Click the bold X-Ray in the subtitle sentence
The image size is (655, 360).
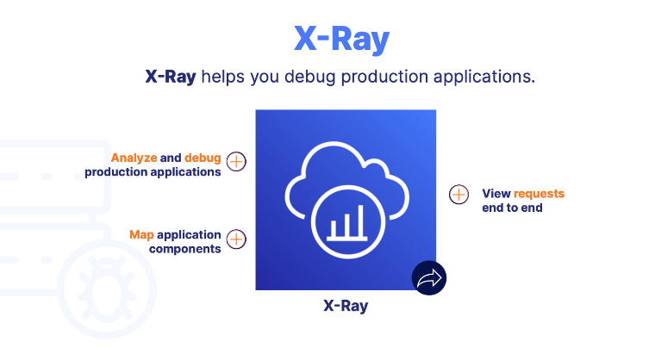pyautogui.click(x=171, y=77)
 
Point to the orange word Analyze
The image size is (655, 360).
pyautogui.click(x=134, y=158)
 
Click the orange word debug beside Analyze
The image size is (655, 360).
pyautogui.click(x=203, y=158)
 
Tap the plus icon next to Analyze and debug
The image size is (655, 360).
pyautogui.click(x=236, y=162)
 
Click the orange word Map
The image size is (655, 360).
pyautogui.click(x=141, y=234)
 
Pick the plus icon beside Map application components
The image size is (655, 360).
pyautogui.click(x=236, y=239)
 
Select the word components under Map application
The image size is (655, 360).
pyautogui.click(x=184, y=249)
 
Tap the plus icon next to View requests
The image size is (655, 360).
pyautogui.click(x=459, y=195)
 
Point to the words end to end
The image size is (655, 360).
pyautogui.click(x=512, y=208)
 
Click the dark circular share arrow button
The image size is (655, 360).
pyautogui.click(x=428, y=277)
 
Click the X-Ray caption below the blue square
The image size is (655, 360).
pyautogui.click(x=346, y=306)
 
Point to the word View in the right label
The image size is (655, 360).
pyautogui.click(x=496, y=193)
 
